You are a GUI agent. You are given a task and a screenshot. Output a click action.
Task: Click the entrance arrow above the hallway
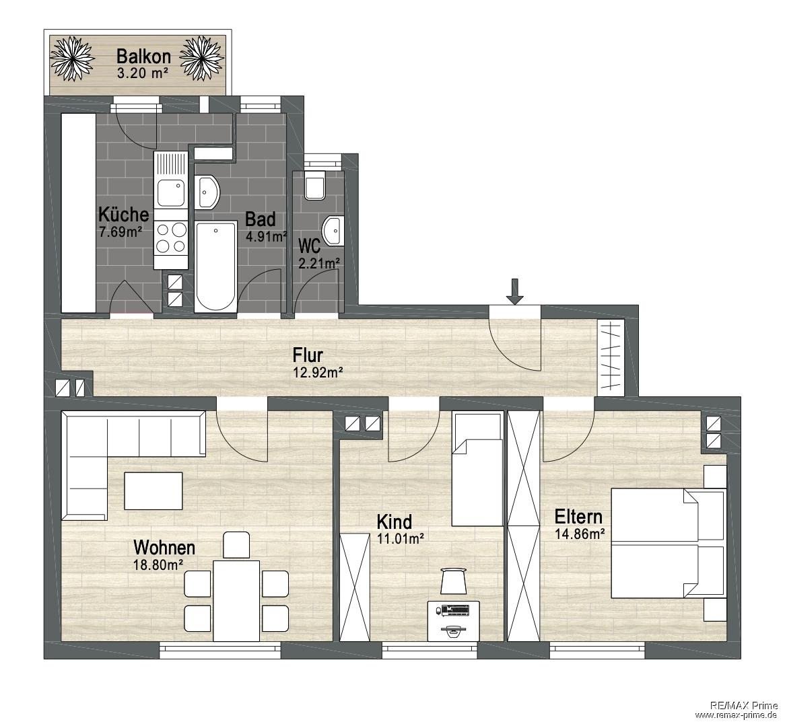514,291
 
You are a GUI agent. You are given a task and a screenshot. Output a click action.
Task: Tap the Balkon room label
143,56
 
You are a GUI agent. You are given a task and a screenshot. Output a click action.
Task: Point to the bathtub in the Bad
215,266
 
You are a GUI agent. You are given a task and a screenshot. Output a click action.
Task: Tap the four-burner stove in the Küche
171,238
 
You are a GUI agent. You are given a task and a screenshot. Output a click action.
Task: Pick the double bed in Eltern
669,544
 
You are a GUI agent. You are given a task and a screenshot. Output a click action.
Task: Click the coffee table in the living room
153,491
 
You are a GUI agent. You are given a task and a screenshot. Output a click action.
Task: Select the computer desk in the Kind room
453,620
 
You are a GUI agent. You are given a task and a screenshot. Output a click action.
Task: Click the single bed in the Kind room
477,469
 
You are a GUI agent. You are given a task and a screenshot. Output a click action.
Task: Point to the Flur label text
308,355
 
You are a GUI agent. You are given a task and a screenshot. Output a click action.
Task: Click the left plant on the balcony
73,58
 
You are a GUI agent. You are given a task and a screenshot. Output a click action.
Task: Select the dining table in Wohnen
236,600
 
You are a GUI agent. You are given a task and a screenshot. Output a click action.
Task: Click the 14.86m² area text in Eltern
580,534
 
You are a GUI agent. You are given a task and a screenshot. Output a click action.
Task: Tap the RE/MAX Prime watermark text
744,705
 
